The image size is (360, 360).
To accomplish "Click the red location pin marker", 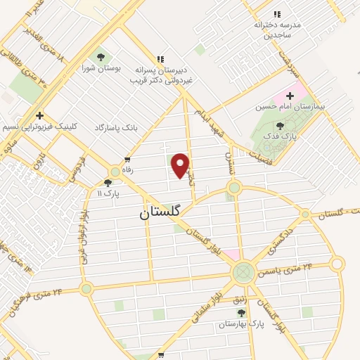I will [181, 166].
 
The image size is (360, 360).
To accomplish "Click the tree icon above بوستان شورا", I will [100, 57].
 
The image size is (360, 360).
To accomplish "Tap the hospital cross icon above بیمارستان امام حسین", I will [290, 96].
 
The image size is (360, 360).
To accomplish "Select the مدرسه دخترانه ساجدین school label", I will [277, 29].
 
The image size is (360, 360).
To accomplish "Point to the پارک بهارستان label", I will [240, 323].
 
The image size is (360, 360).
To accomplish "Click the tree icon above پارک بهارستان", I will [241, 311].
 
